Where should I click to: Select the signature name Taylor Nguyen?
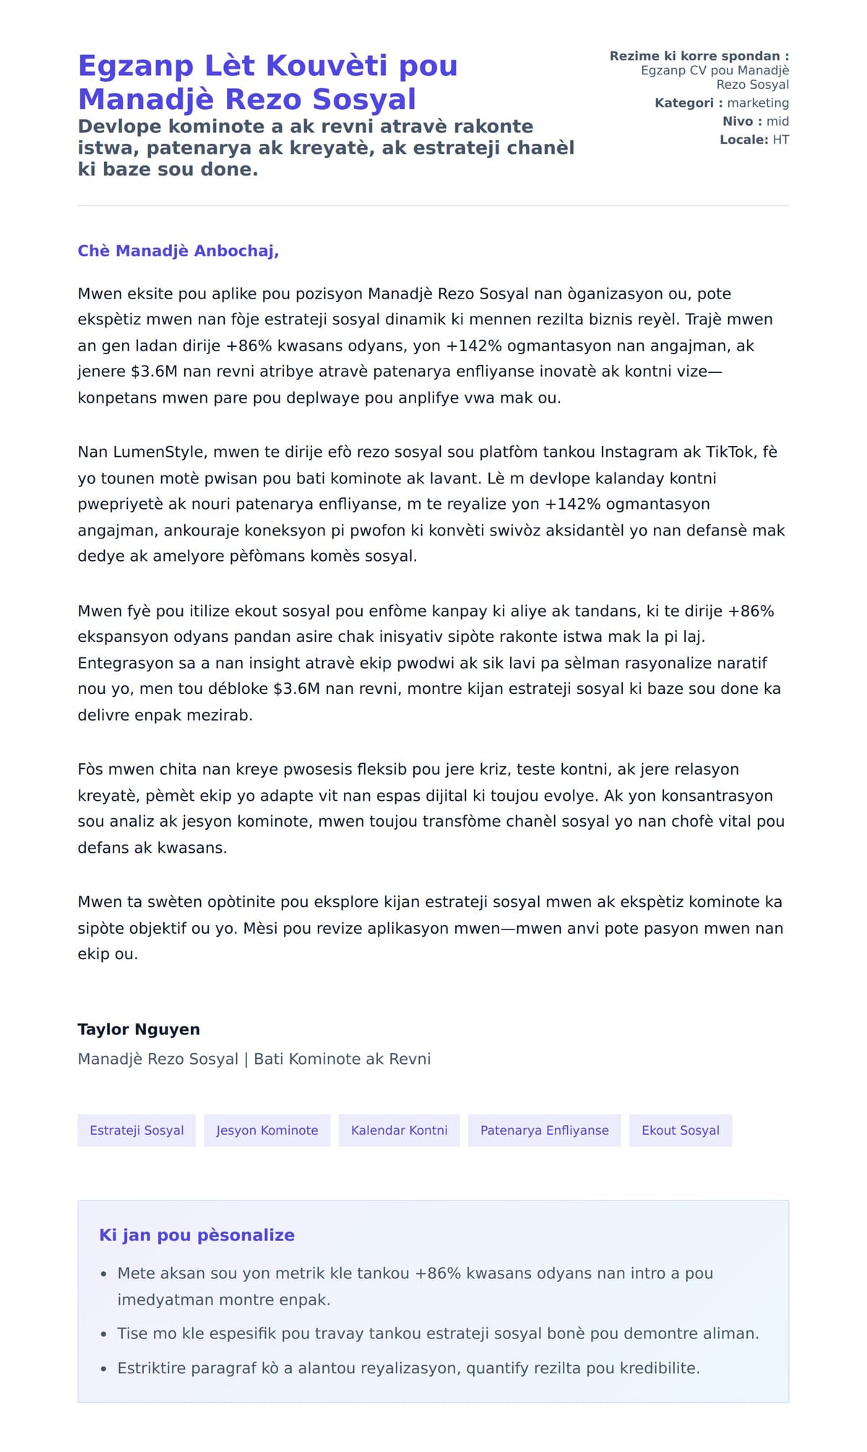click(x=139, y=1029)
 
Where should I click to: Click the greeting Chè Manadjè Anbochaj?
click(x=178, y=251)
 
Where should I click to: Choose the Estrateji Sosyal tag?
click(x=137, y=1130)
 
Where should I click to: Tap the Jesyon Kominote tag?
click(x=267, y=1130)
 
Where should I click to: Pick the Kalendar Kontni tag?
click(x=399, y=1130)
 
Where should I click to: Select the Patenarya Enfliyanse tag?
click(x=544, y=1130)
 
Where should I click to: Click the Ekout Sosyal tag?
click(x=681, y=1130)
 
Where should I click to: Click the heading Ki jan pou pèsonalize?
click(x=197, y=1235)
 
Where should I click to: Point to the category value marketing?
click(x=758, y=103)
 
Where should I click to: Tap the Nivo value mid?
click(x=777, y=121)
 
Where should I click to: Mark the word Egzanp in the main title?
click(x=136, y=66)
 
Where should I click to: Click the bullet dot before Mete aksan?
click(x=104, y=1274)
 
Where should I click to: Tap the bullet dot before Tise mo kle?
click(x=104, y=1334)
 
